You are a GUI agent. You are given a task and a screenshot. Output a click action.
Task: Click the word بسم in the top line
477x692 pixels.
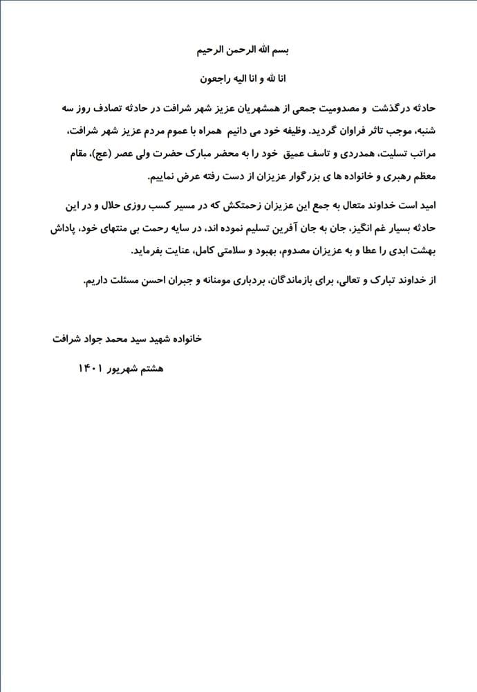279,51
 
